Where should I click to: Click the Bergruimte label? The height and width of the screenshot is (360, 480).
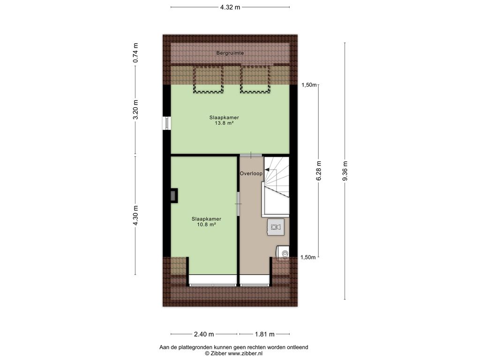click(230, 53)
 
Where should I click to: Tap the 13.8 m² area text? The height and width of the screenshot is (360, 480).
click(224, 123)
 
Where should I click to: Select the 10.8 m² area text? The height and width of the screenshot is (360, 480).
click(206, 225)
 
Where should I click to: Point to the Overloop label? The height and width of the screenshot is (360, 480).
click(251, 173)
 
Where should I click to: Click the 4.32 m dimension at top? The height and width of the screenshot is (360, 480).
click(230, 7)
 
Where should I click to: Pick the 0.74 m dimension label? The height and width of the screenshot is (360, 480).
click(135, 53)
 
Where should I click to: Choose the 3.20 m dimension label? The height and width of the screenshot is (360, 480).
click(135, 109)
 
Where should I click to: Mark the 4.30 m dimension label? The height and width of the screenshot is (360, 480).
click(135, 215)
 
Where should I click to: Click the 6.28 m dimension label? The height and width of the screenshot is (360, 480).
click(319, 171)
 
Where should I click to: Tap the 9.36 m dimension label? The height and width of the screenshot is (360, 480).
click(345, 171)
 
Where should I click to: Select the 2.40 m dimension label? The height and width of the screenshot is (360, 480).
click(204, 334)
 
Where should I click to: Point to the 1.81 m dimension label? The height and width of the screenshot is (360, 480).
click(265, 334)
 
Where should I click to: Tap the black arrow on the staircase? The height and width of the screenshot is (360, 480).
click(266, 170)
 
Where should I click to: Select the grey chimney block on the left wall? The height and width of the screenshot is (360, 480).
click(174, 195)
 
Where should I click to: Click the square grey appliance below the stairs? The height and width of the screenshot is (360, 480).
click(276, 227)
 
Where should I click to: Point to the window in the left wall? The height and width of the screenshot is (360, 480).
click(167, 123)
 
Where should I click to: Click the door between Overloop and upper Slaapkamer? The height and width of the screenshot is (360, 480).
click(251, 155)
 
